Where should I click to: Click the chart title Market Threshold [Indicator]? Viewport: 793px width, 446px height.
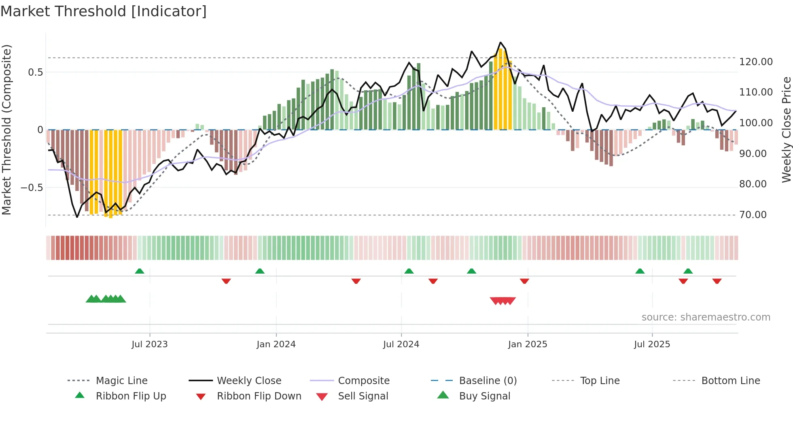tap(104, 11)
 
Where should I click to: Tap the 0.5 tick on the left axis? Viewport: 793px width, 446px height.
tap(35, 72)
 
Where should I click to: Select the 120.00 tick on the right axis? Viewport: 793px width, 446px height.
tap(756, 62)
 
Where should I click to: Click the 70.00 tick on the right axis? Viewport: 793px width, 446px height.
tap(753, 215)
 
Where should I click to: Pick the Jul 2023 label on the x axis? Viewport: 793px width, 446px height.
tap(149, 344)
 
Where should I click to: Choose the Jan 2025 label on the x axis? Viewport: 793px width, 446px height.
tap(527, 344)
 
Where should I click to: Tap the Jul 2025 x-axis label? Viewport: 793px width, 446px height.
tap(652, 344)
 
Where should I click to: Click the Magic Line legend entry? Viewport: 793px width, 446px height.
tap(121, 381)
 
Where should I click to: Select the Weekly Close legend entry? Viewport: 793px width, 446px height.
tap(249, 381)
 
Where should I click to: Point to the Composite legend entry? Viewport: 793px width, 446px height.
tap(363, 381)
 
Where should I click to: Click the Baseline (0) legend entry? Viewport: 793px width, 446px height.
tap(488, 381)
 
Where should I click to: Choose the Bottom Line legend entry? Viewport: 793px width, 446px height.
tap(730, 381)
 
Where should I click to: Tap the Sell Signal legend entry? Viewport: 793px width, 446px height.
tap(363, 396)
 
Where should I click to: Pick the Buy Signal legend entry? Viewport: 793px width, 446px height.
tap(484, 396)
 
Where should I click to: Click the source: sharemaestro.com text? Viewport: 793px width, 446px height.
tap(706, 317)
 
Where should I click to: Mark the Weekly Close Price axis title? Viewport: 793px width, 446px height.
tap(786, 130)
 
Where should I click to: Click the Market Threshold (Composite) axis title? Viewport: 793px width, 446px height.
tap(6, 130)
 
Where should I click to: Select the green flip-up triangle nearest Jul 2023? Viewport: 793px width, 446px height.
tap(140, 271)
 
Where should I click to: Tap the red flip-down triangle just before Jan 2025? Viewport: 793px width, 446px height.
tap(524, 281)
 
